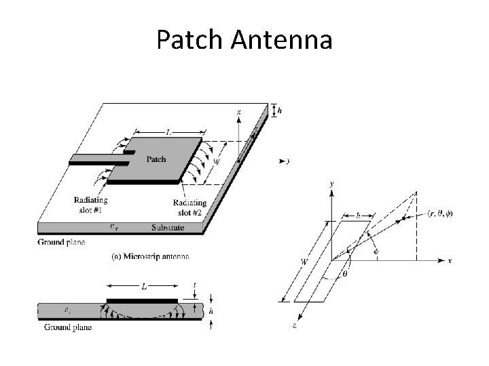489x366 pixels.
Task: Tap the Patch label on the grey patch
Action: pos(156,159)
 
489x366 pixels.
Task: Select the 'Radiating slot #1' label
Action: pos(91,205)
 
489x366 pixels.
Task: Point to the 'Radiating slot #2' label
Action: pos(190,207)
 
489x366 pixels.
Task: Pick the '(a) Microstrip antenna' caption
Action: pos(150,256)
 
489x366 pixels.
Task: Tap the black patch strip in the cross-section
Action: pos(142,300)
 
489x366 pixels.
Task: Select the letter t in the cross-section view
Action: pos(195,285)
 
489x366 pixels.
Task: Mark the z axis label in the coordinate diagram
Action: pos(294,326)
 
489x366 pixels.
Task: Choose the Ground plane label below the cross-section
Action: pos(68,327)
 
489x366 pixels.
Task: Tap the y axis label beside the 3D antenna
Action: pos(289,161)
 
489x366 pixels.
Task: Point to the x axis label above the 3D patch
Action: pos(238,111)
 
